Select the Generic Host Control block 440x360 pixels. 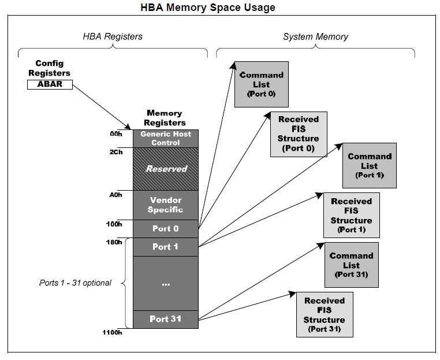166,138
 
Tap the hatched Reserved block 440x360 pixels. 166,169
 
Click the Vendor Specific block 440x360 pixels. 166,205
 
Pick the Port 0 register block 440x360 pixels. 166,228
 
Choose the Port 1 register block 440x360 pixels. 166,247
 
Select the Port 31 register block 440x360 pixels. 166,319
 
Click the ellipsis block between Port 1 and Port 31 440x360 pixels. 166,283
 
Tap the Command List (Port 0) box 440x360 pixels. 261,84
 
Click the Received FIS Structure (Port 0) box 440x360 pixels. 298,133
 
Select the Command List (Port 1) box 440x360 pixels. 370,165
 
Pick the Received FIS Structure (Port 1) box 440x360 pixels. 352,215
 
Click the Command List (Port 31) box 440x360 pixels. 351,265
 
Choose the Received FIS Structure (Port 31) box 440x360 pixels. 324,315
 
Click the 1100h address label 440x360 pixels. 113,333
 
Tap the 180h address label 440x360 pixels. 114,242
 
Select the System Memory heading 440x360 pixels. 315,37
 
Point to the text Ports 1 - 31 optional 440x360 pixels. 74,283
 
